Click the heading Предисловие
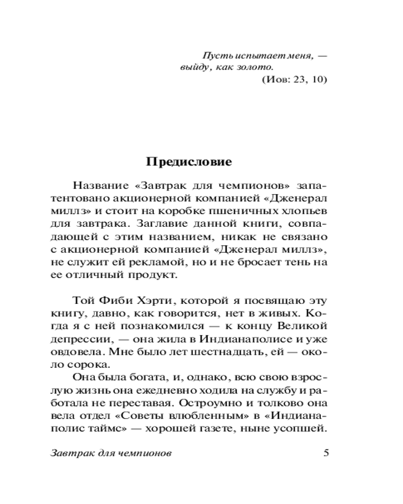coord(189,162)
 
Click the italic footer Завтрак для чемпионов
coord(112,453)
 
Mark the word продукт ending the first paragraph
coord(153,275)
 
